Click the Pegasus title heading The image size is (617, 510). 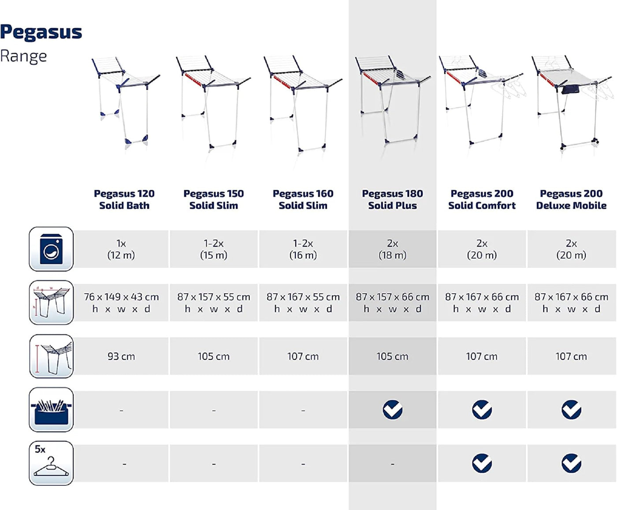(41, 32)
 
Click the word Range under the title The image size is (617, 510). (23, 56)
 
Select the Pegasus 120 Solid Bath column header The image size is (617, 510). (124, 200)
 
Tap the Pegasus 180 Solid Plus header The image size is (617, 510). (392, 200)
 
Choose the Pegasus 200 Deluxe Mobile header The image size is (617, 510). (571, 200)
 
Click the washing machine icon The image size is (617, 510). (51, 249)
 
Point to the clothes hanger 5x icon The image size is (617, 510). (51, 463)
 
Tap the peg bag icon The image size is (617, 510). (51, 409)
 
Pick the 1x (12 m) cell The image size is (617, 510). (121, 249)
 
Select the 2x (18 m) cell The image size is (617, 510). (392, 249)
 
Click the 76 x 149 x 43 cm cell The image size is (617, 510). (121, 302)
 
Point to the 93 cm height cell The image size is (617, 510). (121, 356)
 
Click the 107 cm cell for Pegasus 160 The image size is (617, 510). (303, 356)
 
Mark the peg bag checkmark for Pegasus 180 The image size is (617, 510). (392, 409)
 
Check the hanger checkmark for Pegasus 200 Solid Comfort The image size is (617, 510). (482, 463)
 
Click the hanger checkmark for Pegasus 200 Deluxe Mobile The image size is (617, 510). (571, 463)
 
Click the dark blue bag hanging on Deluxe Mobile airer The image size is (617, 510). (571, 89)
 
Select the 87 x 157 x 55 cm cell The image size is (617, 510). (214, 302)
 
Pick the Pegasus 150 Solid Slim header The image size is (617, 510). (214, 200)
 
